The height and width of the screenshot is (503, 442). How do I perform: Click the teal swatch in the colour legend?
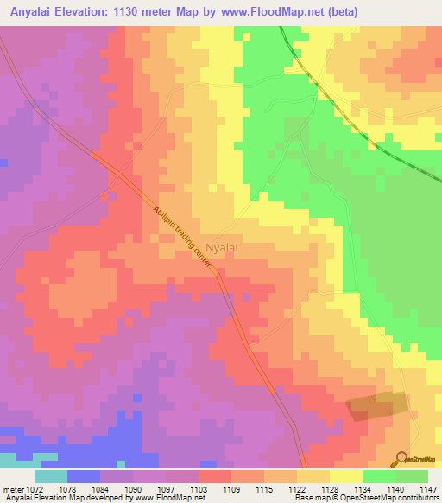click(51, 476)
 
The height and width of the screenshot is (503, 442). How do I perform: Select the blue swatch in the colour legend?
click(84, 476)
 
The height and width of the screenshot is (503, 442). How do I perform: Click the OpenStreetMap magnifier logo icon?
click(403, 457)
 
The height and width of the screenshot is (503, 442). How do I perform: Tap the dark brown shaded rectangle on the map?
click(377, 407)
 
